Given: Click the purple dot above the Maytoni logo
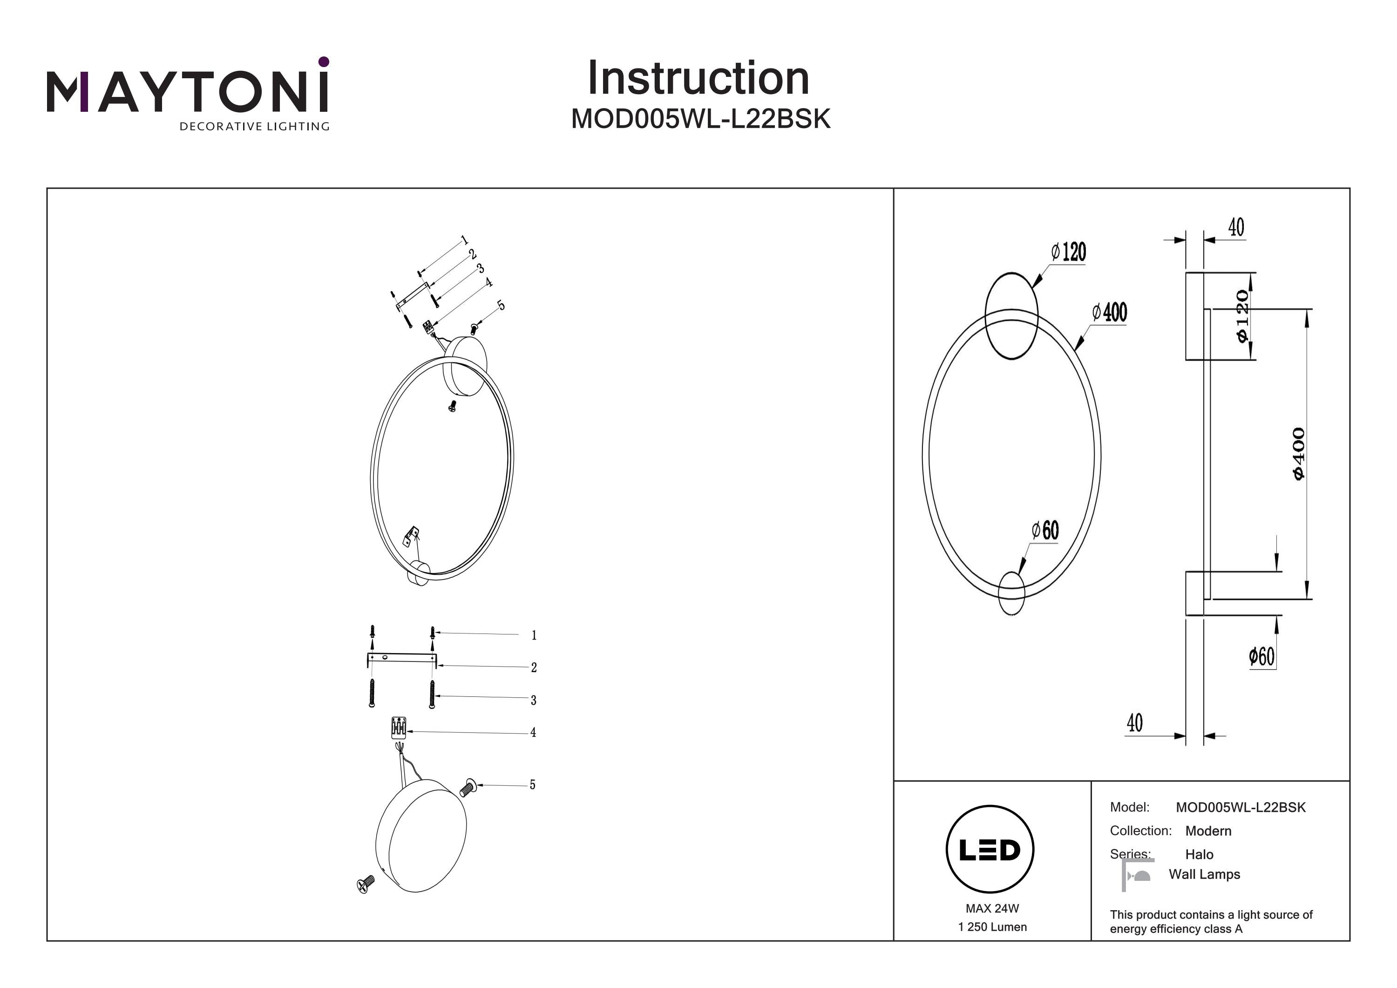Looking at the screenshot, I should (x=324, y=61).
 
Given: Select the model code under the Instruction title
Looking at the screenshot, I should (x=700, y=119).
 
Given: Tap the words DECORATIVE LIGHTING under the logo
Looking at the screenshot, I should (x=254, y=127).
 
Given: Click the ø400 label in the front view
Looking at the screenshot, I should (x=1110, y=312).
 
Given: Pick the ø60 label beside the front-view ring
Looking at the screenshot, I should (x=1045, y=530).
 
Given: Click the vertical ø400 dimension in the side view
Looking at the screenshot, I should (x=1298, y=454).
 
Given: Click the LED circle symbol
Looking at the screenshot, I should (x=990, y=849).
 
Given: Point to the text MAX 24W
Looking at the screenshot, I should (x=992, y=908).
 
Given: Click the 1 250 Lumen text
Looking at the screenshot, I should (x=992, y=927).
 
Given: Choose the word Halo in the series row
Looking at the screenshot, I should (x=1199, y=854).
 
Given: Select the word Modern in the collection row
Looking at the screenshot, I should (x=1208, y=831).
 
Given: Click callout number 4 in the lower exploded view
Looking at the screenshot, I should (x=533, y=732).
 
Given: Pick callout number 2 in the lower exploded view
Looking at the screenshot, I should (x=534, y=668).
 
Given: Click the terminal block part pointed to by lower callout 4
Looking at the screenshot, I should (x=399, y=728).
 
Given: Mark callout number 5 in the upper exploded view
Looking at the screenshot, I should (x=501, y=306).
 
